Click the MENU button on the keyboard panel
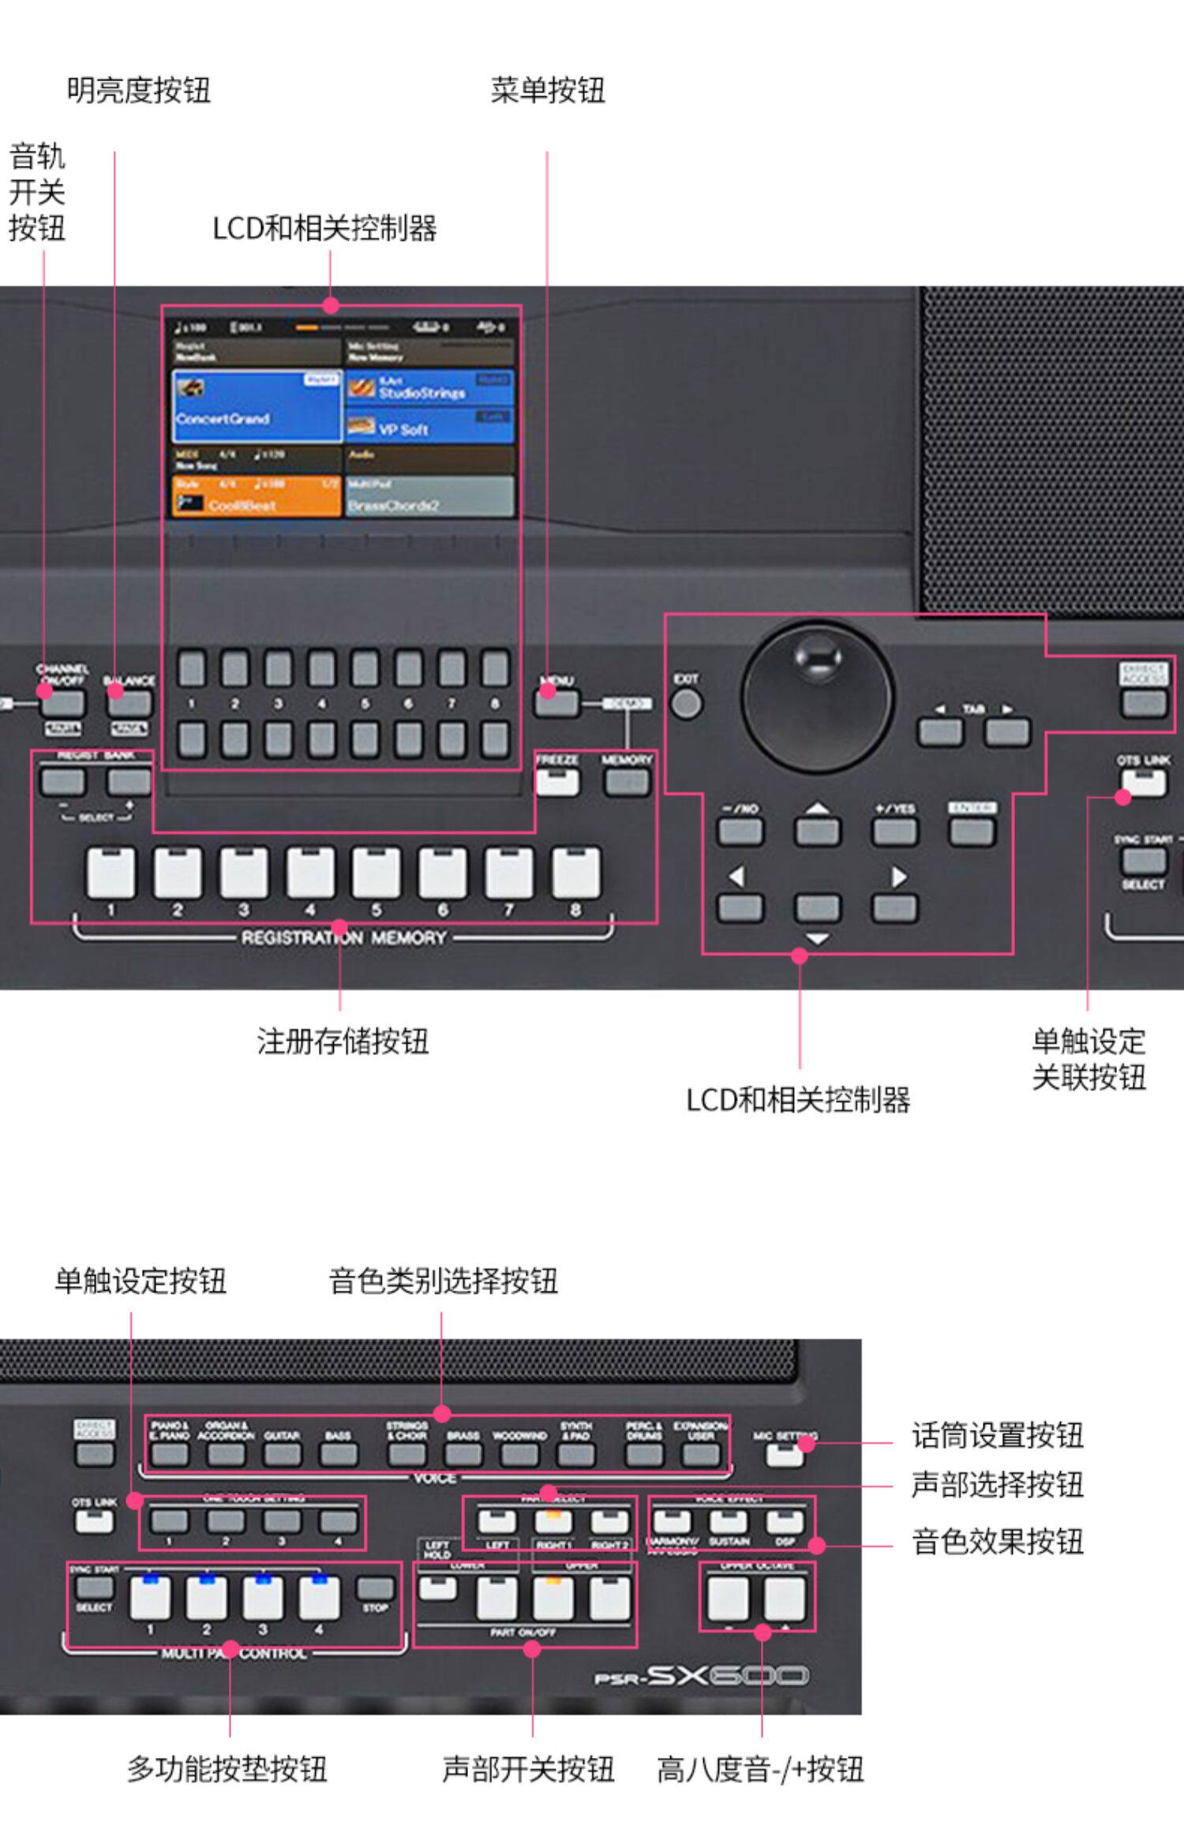coord(556,701)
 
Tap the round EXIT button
coord(686,703)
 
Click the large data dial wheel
coord(816,695)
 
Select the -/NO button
coord(740,831)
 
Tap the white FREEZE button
coord(557,781)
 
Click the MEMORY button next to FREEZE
coord(627,781)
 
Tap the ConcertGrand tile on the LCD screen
coord(257,406)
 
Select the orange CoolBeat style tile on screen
coord(257,496)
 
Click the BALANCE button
coord(129,701)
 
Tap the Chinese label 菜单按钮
coord(548,91)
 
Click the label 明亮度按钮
coord(139,91)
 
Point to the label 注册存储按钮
coord(343,1041)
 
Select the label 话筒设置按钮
coord(997,1435)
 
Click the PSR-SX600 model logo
coord(701,1675)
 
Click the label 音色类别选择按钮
coord(443,1281)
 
